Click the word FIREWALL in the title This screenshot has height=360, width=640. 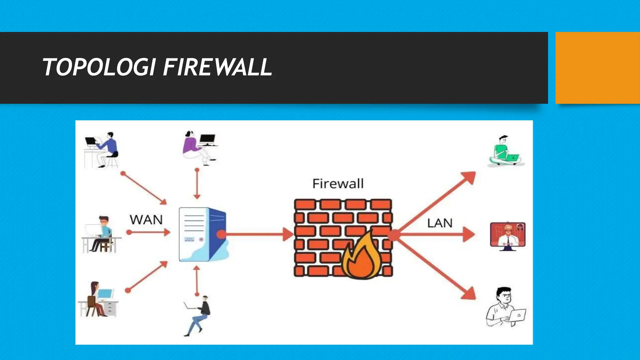217,67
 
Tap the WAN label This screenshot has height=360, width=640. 146,220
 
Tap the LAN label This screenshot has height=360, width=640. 440,223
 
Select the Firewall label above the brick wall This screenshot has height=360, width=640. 338,183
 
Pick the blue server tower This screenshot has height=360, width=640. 202,234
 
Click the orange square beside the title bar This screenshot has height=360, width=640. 597,67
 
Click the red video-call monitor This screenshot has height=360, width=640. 507,235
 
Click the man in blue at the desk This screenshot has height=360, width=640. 102,150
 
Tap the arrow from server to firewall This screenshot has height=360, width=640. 256,234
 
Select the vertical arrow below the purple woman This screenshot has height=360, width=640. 197,184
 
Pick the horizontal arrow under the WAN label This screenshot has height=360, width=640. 148,232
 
